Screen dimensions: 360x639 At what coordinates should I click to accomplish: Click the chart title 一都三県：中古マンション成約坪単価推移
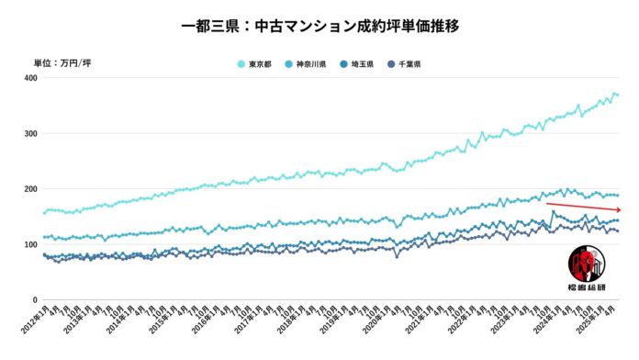(x=319, y=25)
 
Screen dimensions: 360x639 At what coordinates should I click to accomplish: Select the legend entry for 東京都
(x=258, y=64)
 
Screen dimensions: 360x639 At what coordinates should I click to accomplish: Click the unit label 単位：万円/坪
(x=62, y=62)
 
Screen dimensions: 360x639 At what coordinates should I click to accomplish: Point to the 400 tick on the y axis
(x=29, y=78)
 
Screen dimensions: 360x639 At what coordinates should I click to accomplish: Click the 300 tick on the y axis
(x=29, y=134)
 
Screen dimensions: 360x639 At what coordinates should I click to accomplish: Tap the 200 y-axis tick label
(x=29, y=189)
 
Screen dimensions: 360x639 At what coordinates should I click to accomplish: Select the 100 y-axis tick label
(x=29, y=244)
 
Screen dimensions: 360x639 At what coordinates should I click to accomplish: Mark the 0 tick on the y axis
(x=34, y=300)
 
